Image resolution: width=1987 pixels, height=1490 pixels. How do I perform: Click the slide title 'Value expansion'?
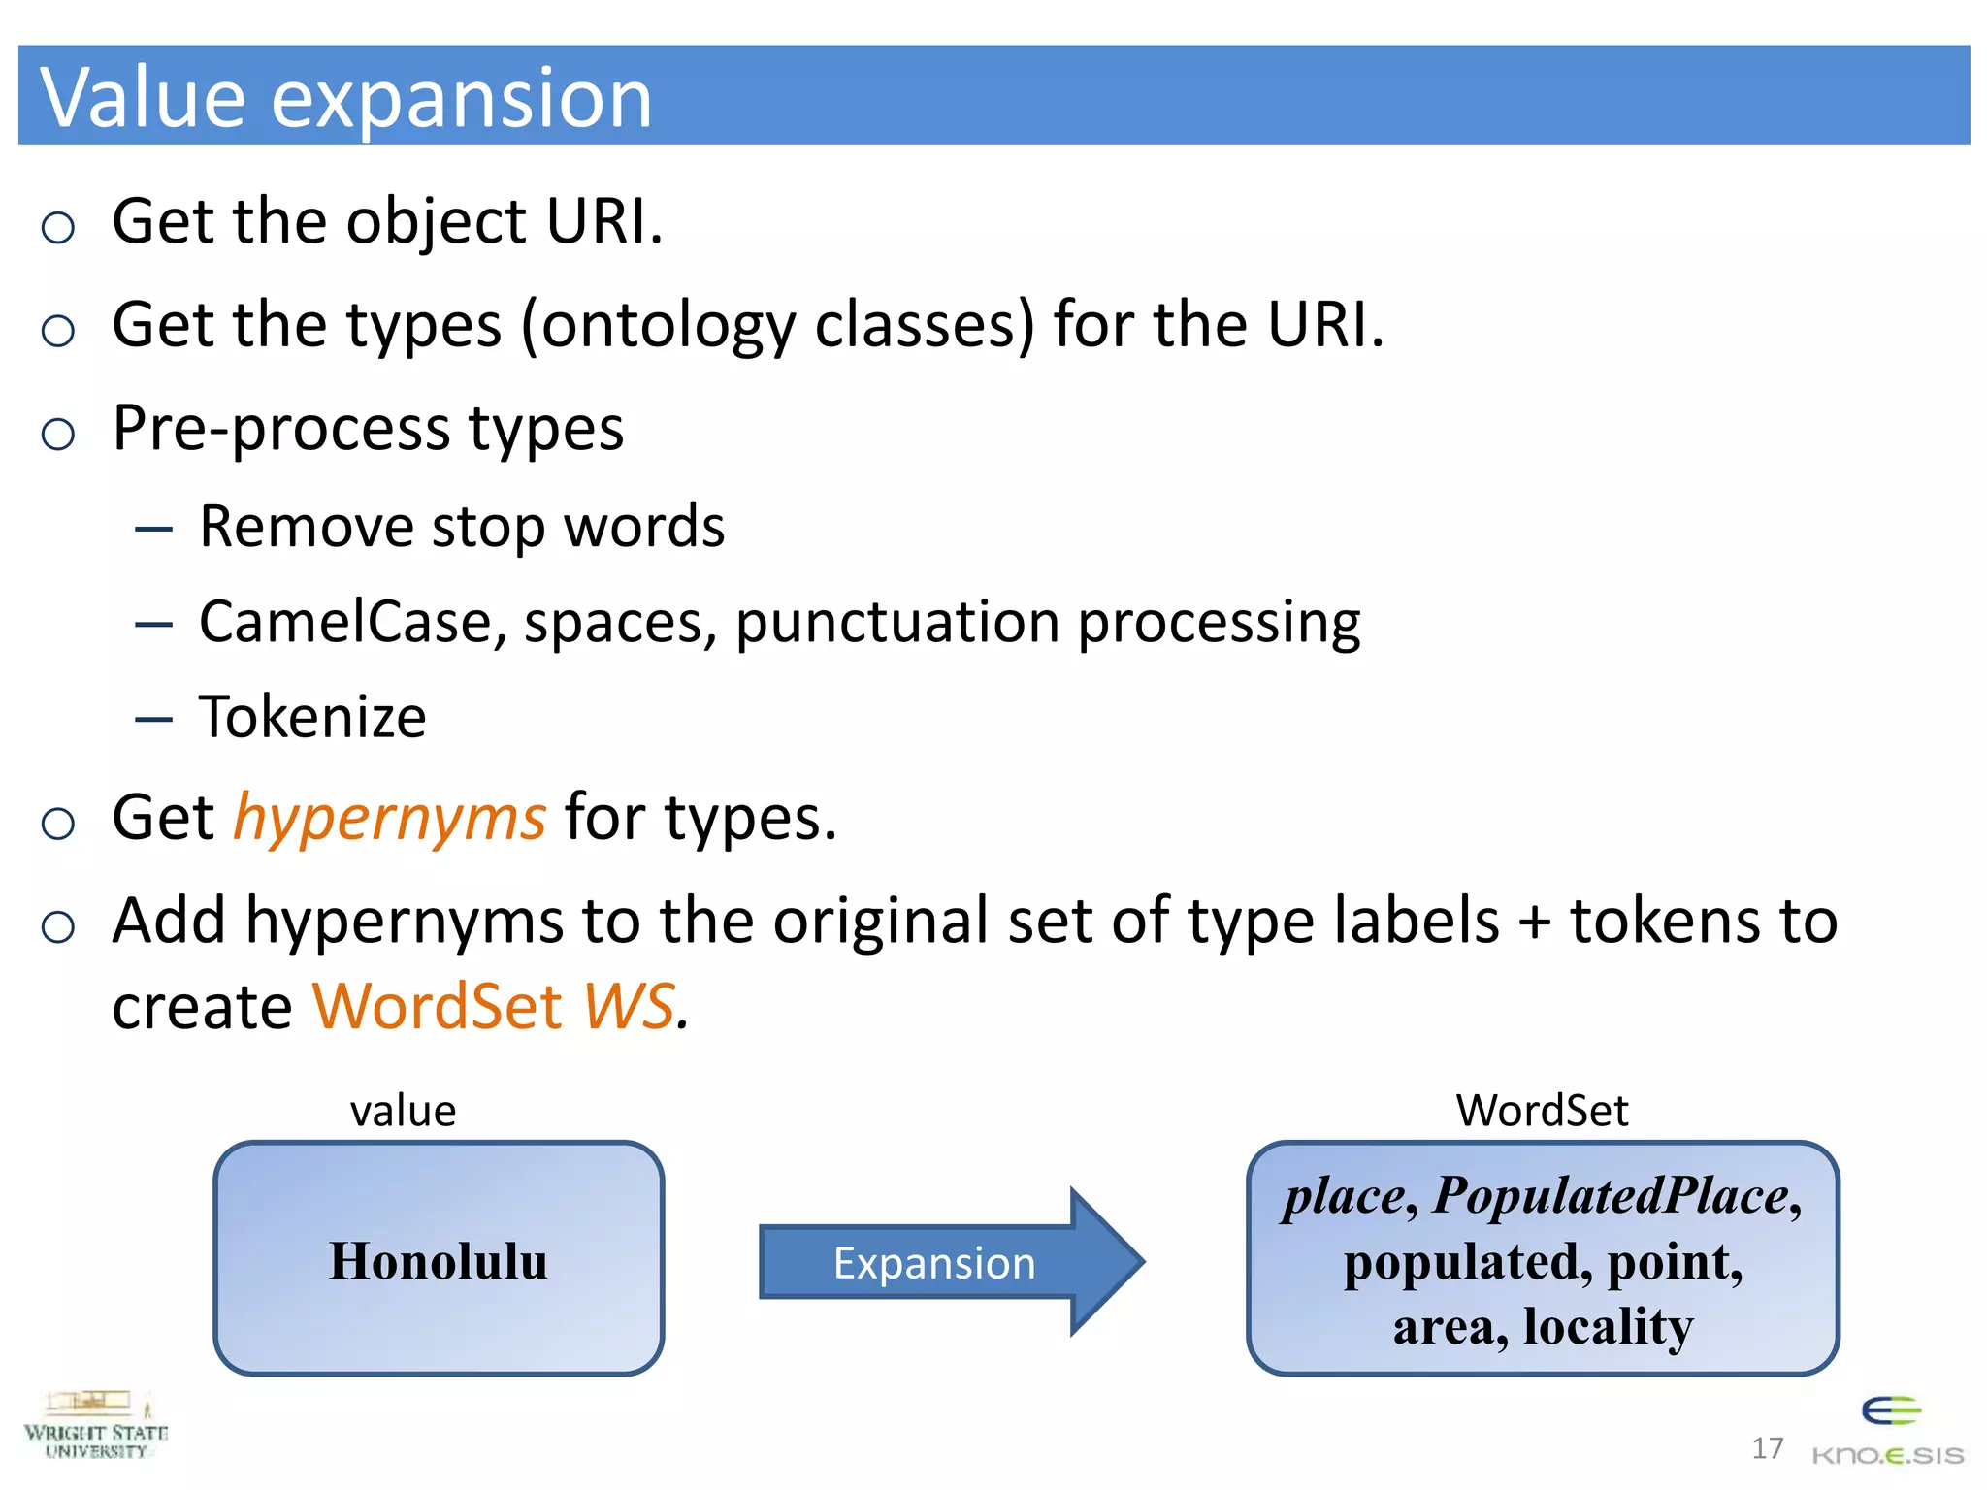click(x=345, y=97)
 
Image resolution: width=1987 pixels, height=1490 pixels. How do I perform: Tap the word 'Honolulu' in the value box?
click(x=438, y=1261)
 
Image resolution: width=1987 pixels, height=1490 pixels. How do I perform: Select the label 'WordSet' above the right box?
click(x=1542, y=1111)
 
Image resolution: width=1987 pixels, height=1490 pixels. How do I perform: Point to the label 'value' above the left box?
click(x=403, y=1111)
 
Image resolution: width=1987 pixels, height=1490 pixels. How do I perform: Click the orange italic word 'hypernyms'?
click(x=390, y=818)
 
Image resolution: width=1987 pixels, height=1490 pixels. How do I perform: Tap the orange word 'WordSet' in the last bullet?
click(x=437, y=1006)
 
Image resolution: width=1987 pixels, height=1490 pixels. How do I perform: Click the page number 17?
click(x=1767, y=1448)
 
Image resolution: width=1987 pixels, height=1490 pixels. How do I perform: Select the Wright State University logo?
click(x=95, y=1426)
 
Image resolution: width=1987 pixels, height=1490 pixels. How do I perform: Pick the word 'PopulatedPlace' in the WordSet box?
click(x=1611, y=1195)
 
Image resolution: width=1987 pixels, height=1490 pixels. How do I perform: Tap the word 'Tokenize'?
click(x=312, y=718)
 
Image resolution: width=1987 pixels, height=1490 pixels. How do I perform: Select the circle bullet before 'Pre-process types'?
click(x=58, y=434)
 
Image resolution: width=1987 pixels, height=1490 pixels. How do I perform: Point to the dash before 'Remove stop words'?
click(x=153, y=530)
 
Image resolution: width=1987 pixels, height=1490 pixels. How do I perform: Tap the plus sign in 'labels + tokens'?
click(x=1535, y=922)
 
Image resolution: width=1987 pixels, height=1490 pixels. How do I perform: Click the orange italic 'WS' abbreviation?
click(x=629, y=1006)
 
